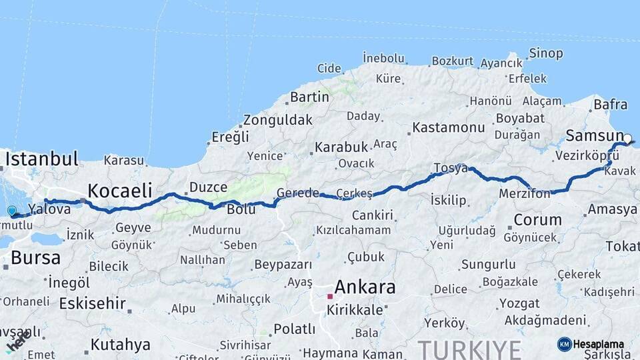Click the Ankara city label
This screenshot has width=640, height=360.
[365, 288]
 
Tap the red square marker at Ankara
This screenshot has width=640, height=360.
[329, 296]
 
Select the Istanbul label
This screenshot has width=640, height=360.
[43, 159]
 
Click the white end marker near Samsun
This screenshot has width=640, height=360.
[627, 139]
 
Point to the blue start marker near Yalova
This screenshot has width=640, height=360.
[11, 211]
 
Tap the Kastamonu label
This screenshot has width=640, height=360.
[448, 127]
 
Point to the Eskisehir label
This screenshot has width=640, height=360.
[92, 303]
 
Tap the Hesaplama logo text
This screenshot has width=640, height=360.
[599, 345]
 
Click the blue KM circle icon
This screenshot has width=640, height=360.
[565, 344]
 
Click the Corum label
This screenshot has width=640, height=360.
[538, 219]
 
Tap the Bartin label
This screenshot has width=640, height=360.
[309, 97]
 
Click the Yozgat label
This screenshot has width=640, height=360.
[519, 303]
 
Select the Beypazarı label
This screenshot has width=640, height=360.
[283, 265]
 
